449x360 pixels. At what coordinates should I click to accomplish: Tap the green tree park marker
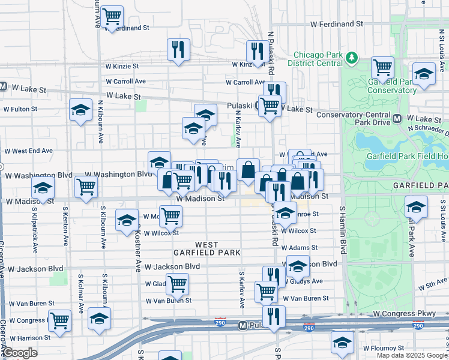click(x=351, y=58)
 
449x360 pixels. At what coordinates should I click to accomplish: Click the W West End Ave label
click(x=29, y=151)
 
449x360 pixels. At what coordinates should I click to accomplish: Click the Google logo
click(x=20, y=353)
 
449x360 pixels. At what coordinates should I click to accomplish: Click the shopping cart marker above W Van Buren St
click(x=178, y=283)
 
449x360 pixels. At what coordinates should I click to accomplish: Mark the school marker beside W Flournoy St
click(x=343, y=343)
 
